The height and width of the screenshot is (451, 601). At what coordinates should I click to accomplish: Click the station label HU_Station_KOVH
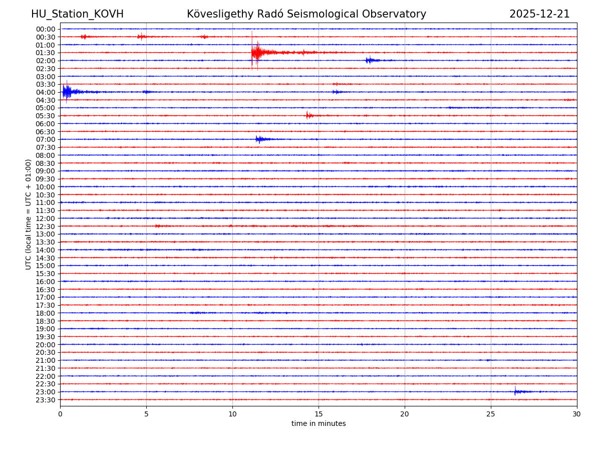pyautogui.click(x=77, y=14)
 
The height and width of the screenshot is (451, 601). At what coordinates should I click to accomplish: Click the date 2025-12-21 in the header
pyautogui.click(x=539, y=14)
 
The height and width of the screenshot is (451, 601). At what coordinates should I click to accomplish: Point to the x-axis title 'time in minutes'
pyautogui.click(x=319, y=424)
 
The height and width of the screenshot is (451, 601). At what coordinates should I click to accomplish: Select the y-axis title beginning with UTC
pyautogui.click(x=29, y=214)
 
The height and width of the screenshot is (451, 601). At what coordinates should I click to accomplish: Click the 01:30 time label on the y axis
pyautogui.click(x=46, y=53)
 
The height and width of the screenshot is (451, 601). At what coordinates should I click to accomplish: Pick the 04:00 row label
pyautogui.click(x=46, y=92)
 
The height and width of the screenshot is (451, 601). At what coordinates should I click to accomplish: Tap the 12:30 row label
pyautogui.click(x=46, y=227)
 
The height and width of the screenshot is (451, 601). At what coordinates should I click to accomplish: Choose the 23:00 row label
pyautogui.click(x=46, y=392)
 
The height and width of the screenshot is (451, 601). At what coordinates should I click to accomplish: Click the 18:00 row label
pyautogui.click(x=46, y=313)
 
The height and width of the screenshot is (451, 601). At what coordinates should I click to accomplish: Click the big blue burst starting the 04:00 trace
pyautogui.click(x=67, y=92)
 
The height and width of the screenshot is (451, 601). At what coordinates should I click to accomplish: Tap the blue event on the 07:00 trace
pyautogui.click(x=259, y=139)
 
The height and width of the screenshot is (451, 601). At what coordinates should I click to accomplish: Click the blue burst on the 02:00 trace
pyautogui.click(x=370, y=60)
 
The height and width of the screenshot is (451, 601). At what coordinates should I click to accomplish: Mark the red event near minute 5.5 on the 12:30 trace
pyautogui.click(x=158, y=226)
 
